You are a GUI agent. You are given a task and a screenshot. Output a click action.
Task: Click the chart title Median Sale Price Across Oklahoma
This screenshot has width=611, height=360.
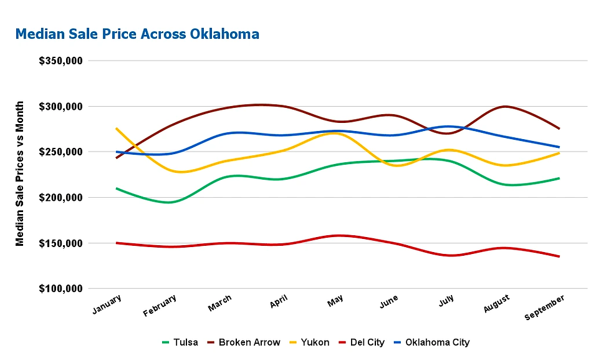137,34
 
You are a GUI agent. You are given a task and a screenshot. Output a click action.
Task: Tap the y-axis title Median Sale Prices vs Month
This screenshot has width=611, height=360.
20,173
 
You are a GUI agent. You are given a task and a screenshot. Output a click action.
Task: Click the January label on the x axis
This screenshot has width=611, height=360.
107,305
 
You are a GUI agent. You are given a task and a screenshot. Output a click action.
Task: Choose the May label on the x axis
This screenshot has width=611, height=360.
335,303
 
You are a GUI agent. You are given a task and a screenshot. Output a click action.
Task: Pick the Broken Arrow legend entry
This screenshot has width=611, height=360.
244,342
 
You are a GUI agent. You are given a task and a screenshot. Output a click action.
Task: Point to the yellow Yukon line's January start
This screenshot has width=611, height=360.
117,128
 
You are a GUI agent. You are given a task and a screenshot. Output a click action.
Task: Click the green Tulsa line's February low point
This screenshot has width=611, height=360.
170,202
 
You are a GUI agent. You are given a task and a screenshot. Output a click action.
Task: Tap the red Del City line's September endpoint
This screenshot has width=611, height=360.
559,256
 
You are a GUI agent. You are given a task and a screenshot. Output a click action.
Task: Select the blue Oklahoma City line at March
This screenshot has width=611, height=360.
228,133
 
